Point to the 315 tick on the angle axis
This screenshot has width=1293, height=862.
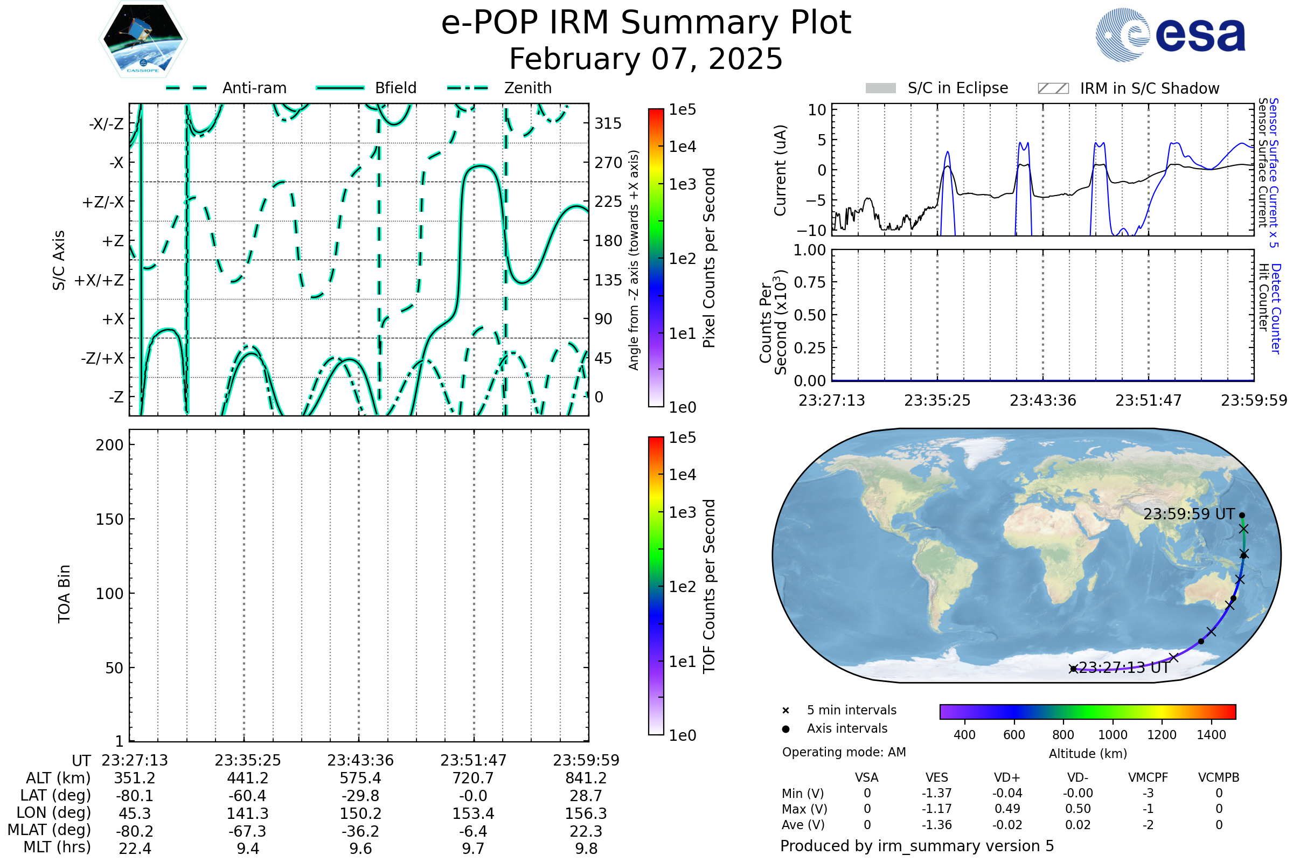coord(608,123)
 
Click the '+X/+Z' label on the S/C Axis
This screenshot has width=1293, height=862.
coord(99,280)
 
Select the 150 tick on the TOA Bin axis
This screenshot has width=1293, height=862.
coord(109,519)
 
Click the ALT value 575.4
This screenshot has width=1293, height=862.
coord(360,778)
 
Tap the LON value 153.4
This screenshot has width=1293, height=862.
coord(474,814)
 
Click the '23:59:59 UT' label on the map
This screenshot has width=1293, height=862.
coord(1188,515)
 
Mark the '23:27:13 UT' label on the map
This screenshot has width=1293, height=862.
coord(1124,668)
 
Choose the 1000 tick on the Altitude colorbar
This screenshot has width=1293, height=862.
coord(1113,735)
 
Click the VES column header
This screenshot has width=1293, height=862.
coord(937,778)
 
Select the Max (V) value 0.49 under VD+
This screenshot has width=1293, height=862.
coord(1007,809)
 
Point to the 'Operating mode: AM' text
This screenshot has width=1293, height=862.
coord(844,752)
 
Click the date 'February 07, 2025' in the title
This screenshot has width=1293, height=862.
coord(646,59)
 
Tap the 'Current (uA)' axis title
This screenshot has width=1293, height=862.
coord(780,170)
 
